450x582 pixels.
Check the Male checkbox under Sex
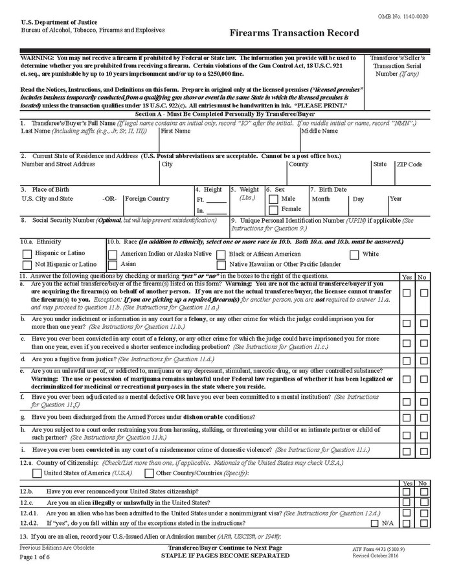[x=273, y=199]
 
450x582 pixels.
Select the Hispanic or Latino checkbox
[x=27, y=254]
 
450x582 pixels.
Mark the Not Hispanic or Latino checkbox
[x=27, y=265]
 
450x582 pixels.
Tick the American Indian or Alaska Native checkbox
[x=113, y=254]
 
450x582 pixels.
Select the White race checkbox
[x=354, y=254]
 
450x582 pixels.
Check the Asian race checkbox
[x=113, y=265]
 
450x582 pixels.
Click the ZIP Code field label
[x=409, y=164]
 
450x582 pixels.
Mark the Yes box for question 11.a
[x=407, y=293]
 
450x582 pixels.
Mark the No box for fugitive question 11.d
[x=424, y=360]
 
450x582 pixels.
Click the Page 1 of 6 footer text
[x=39, y=557]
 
